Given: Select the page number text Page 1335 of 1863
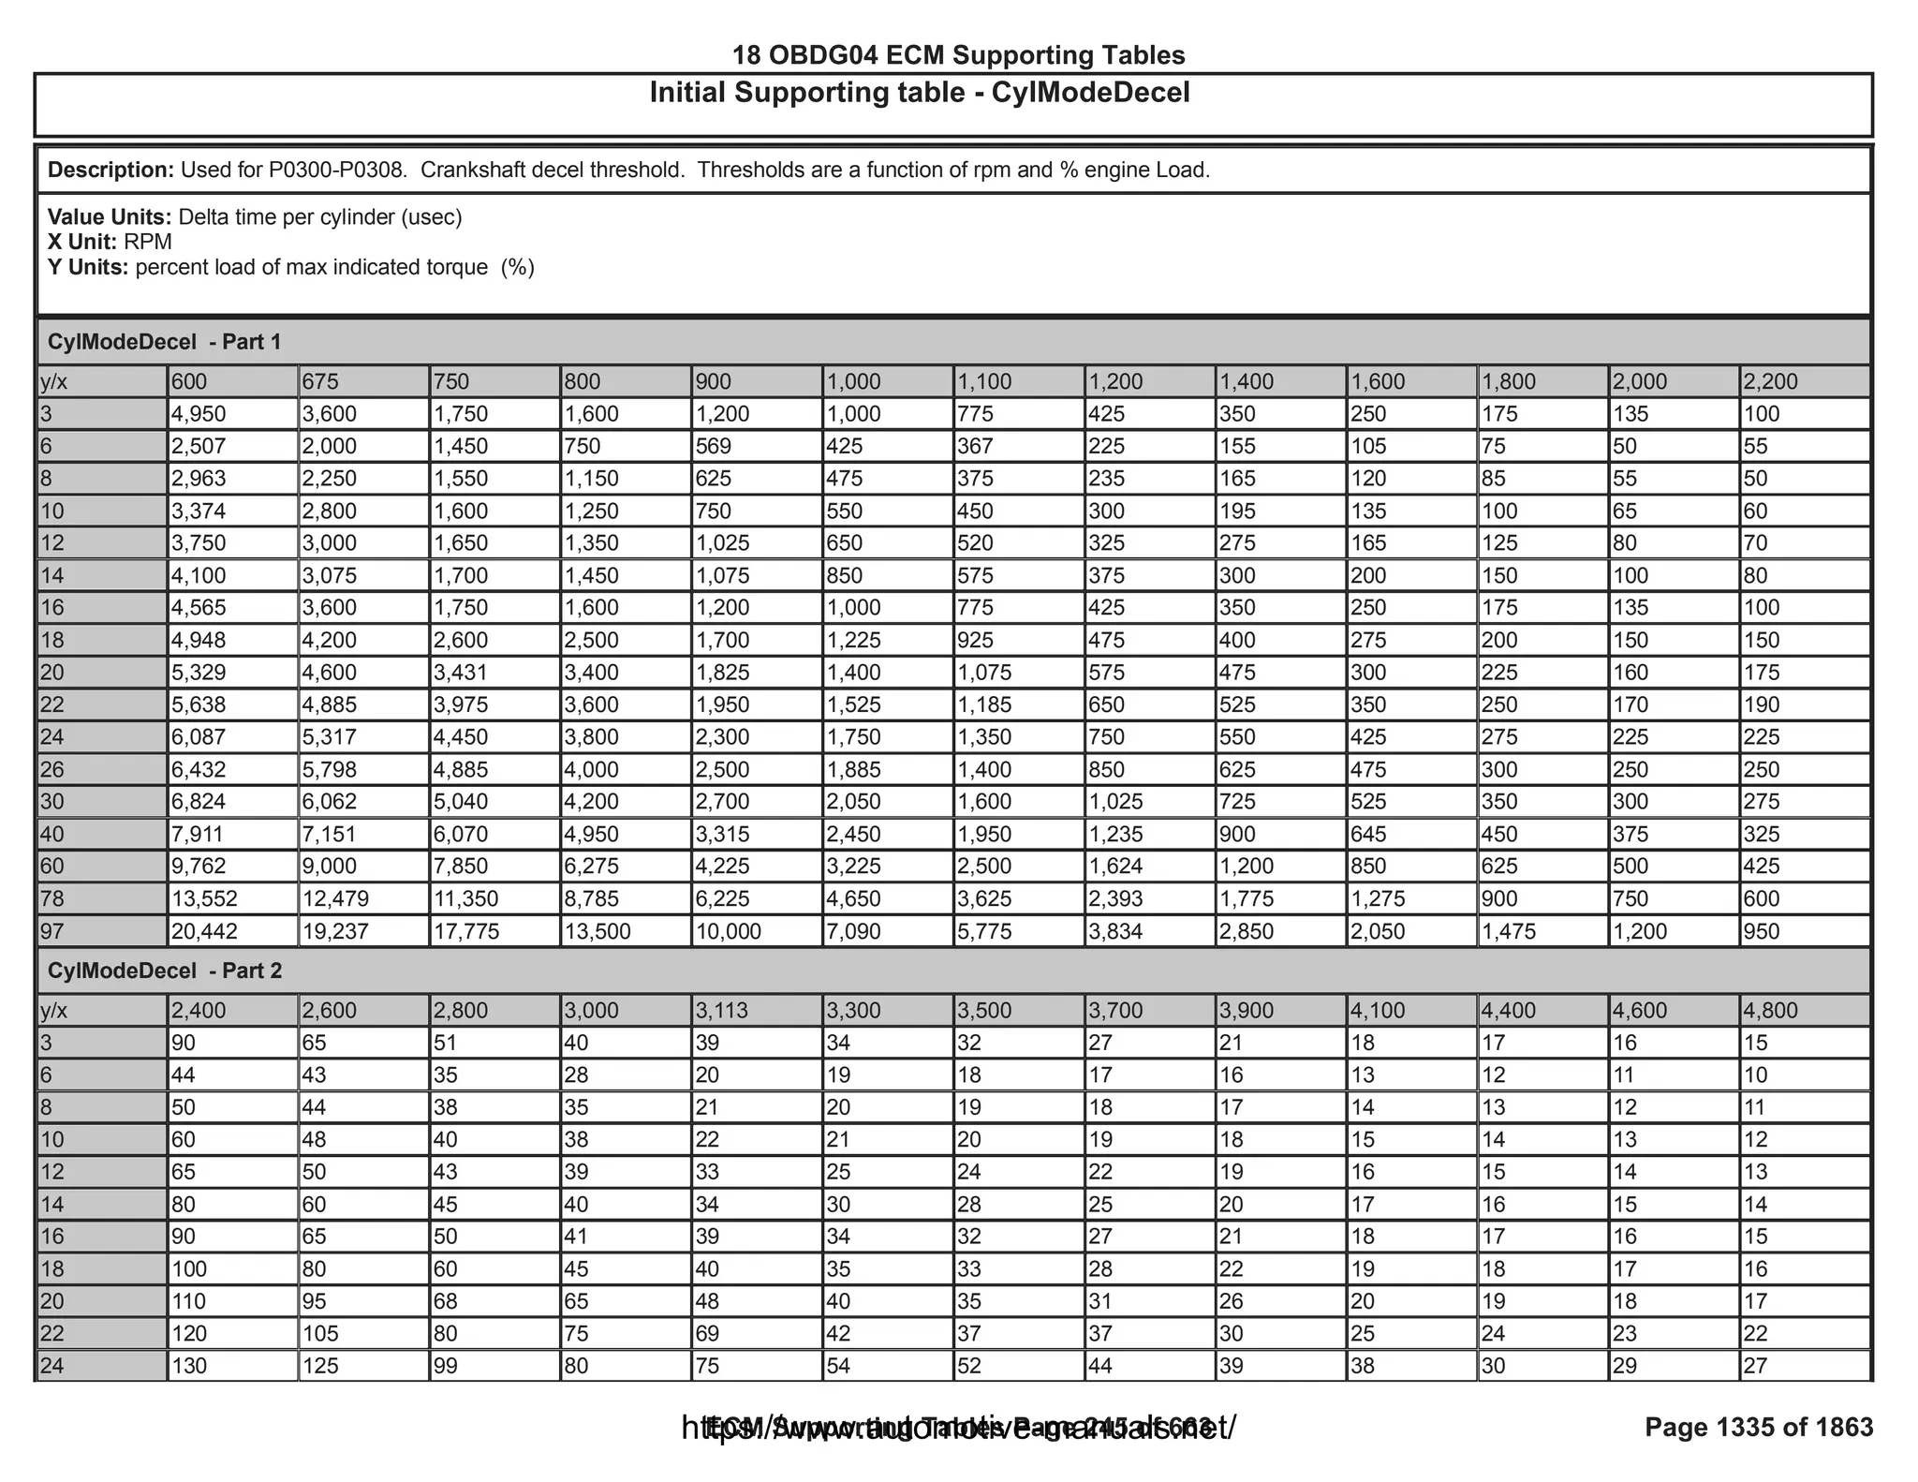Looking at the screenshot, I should tap(1759, 1427).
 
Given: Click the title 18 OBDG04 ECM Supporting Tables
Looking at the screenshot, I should tap(958, 55).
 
